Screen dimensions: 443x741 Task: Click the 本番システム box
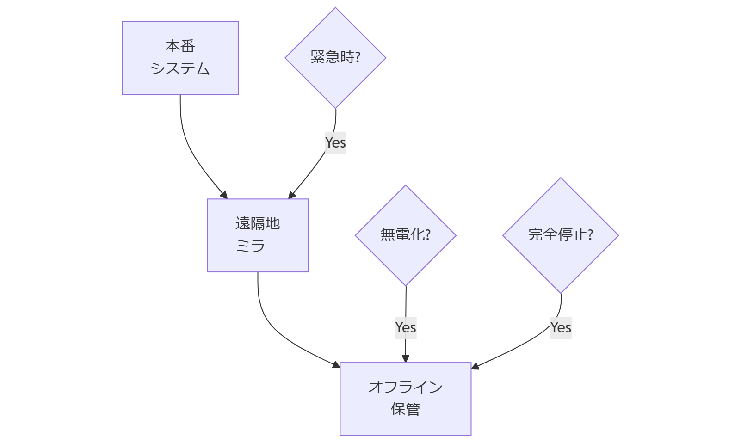coord(180,58)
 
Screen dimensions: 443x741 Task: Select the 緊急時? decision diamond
coord(335,58)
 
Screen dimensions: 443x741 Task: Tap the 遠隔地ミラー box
coord(258,235)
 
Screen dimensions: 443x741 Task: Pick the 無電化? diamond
coord(405,235)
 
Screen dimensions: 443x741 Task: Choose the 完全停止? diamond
coord(561,235)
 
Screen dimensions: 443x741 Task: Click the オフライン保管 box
coord(405,399)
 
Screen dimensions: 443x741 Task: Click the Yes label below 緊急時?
coord(335,142)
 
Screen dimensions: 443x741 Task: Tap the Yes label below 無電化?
coord(406,327)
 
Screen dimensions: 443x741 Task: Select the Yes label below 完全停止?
coord(561,327)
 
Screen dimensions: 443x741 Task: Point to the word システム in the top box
coord(180,69)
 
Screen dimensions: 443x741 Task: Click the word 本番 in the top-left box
coord(180,46)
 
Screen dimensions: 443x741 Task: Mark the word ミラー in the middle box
coord(258,246)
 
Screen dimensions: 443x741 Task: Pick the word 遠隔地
coord(258,224)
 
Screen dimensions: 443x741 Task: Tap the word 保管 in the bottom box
coord(405,410)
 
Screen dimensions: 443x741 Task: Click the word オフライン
coord(405,387)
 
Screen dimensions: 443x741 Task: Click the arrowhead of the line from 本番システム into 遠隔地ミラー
coord(224,196)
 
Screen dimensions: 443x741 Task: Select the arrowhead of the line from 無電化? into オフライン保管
coord(406,359)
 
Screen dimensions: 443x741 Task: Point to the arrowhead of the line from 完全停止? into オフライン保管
coord(475,367)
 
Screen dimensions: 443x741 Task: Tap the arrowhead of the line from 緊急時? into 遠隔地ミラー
coord(291,196)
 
